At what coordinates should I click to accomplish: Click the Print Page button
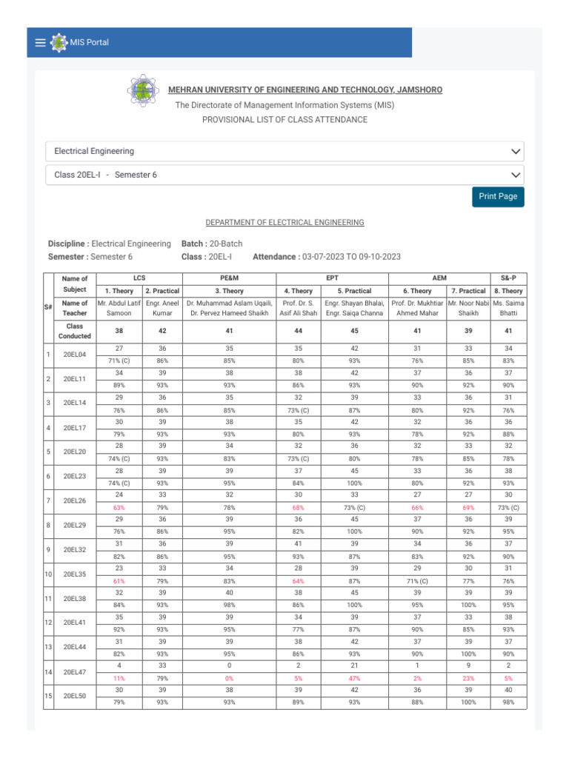tap(498, 196)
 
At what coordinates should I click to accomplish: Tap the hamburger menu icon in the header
tap(40, 43)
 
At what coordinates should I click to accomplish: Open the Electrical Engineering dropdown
tap(284, 151)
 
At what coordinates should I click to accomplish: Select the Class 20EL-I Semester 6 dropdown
tap(284, 175)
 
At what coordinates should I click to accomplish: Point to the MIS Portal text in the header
tap(89, 43)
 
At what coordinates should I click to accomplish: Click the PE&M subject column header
tap(229, 277)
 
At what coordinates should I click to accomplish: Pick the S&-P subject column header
tap(507, 277)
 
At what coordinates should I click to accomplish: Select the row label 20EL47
tap(74, 671)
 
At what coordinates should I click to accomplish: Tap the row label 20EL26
tap(74, 500)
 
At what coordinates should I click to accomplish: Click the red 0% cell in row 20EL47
tap(229, 677)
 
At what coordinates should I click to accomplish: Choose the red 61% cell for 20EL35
tap(119, 581)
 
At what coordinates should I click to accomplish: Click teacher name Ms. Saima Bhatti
tap(507, 308)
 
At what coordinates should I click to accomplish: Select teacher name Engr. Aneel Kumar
tap(162, 308)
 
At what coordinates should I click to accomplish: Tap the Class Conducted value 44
tap(298, 332)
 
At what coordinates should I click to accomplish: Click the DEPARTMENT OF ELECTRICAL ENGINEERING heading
tap(284, 222)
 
